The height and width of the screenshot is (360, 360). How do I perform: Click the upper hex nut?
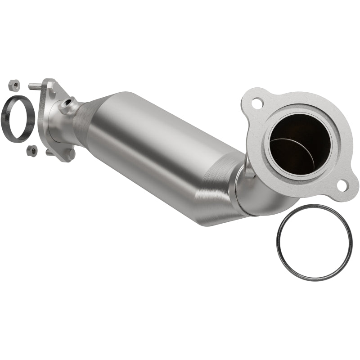[14, 85]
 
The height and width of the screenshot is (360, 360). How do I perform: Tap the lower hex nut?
[31, 151]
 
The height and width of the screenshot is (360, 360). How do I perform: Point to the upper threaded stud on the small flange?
[35, 86]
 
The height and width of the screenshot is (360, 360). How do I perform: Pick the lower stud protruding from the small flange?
[49, 152]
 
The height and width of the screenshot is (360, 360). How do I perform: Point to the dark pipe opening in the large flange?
[299, 144]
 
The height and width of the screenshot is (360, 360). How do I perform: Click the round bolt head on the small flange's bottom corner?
[70, 154]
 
